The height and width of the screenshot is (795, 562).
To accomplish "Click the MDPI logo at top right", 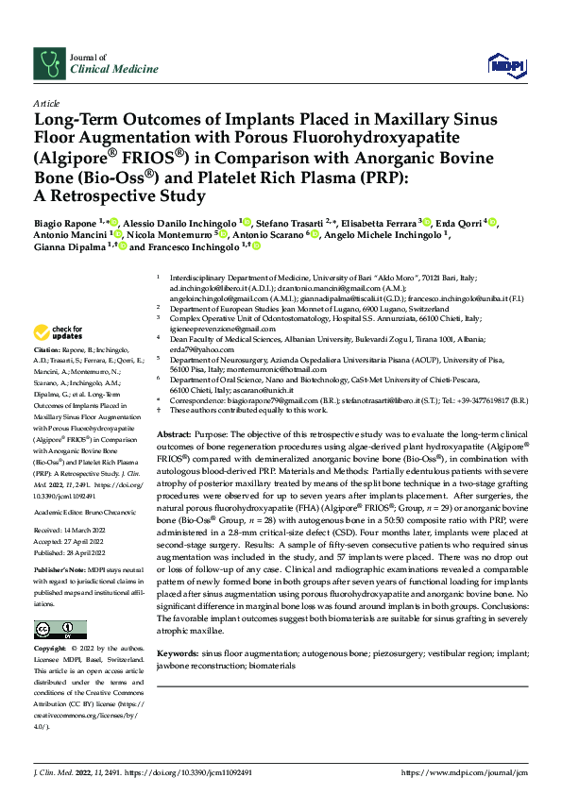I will tap(504, 63).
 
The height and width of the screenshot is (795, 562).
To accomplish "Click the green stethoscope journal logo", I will tap(47, 63).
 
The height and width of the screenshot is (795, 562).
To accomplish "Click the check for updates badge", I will tap(58, 331).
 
